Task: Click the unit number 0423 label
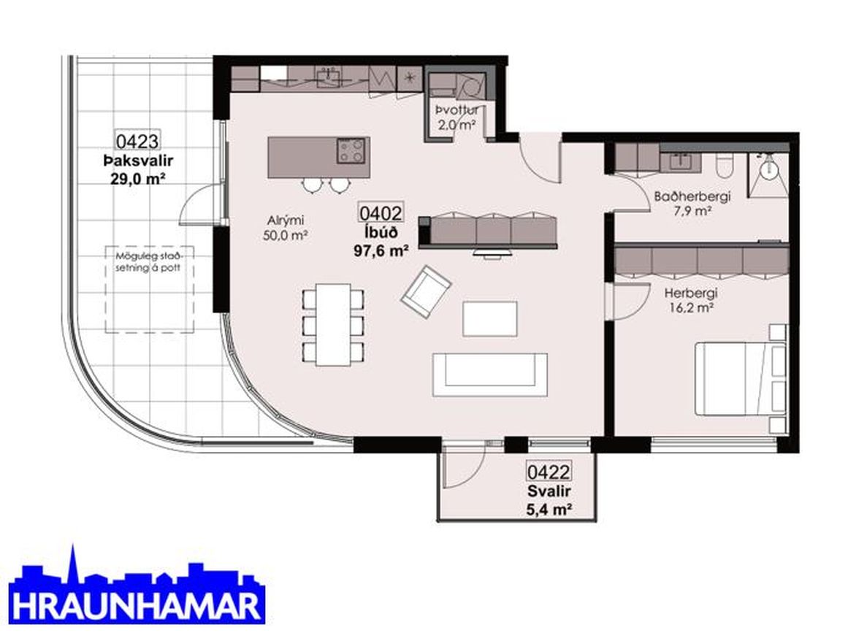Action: tap(137, 142)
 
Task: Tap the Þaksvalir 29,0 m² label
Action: tap(137, 169)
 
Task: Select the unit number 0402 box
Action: tap(381, 212)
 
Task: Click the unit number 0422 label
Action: tap(549, 472)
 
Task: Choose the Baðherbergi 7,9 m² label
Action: tap(692, 203)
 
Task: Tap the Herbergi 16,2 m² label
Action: tap(691, 300)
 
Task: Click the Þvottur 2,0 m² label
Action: tap(457, 118)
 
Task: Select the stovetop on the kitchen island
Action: tap(351, 151)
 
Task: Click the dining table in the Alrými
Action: tap(333, 324)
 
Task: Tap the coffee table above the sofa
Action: tap(490, 318)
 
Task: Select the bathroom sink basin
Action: tap(680, 161)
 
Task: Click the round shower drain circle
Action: tap(767, 169)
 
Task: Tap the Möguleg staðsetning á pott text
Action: tap(148, 262)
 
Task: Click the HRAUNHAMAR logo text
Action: tap(137, 606)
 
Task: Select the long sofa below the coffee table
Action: tap(490, 375)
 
